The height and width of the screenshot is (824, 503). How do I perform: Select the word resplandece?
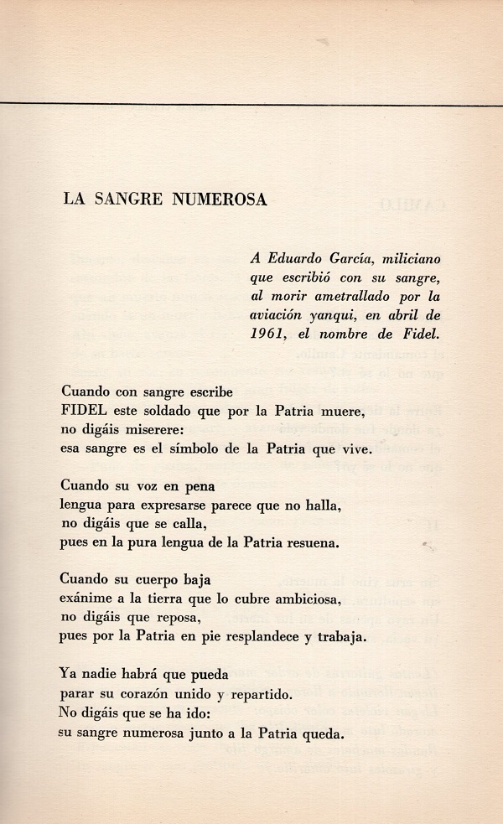[251, 636]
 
